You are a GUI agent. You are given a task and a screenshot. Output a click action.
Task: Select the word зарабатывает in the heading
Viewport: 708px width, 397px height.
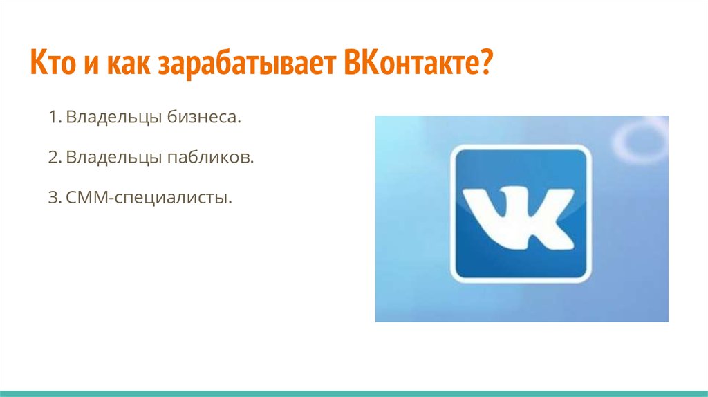click(248, 64)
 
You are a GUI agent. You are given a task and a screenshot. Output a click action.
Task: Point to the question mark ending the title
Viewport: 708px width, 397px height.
click(483, 62)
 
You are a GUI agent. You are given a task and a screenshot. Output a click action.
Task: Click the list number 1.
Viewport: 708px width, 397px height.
click(54, 117)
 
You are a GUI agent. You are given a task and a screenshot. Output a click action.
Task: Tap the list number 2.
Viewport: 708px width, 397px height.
click(54, 157)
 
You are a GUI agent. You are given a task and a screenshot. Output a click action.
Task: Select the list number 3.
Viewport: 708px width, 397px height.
click(54, 197)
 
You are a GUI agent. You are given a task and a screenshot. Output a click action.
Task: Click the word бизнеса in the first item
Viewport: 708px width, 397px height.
click(204, 117)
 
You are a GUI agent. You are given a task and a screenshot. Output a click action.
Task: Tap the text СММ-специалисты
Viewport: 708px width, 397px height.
click(149, 198)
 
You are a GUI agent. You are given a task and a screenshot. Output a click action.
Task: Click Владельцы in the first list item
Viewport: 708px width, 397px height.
click(114, 118)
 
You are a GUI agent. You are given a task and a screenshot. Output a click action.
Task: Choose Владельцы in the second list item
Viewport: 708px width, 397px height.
click(114, 158)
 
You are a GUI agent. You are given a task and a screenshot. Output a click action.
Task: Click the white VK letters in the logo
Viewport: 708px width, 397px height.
click(519, 216)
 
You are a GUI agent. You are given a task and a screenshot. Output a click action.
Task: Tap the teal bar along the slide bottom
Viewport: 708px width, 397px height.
click(354, 394)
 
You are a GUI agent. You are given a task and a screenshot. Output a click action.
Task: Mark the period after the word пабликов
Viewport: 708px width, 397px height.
click(252, 162)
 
